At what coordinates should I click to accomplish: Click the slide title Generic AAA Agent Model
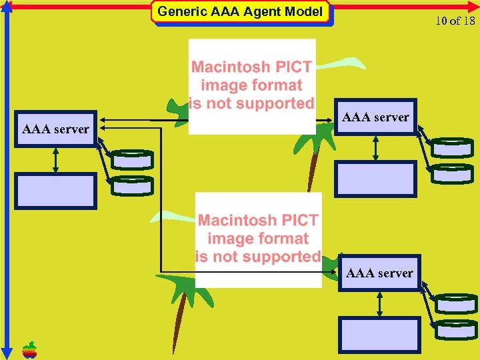240,12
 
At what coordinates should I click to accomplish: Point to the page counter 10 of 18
455,21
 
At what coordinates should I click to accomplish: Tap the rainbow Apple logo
29,349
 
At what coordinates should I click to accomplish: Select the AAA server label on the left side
55,129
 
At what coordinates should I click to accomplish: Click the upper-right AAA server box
375,117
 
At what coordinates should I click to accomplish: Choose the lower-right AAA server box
379,273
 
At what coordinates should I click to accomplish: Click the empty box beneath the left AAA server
56,191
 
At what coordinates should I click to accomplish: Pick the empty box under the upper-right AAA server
376,179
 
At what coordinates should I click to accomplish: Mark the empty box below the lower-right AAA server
380,335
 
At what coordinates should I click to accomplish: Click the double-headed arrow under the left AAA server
56,160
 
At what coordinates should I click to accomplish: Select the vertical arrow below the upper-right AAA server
376,148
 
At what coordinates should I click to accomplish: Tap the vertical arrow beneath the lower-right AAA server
380,303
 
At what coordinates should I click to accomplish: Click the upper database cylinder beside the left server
132,160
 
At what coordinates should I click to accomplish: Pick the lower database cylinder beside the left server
132,185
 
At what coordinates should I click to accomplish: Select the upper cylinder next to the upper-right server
452,147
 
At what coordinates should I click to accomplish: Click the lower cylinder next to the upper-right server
452,173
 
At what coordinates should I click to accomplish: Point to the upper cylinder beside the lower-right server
457,304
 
